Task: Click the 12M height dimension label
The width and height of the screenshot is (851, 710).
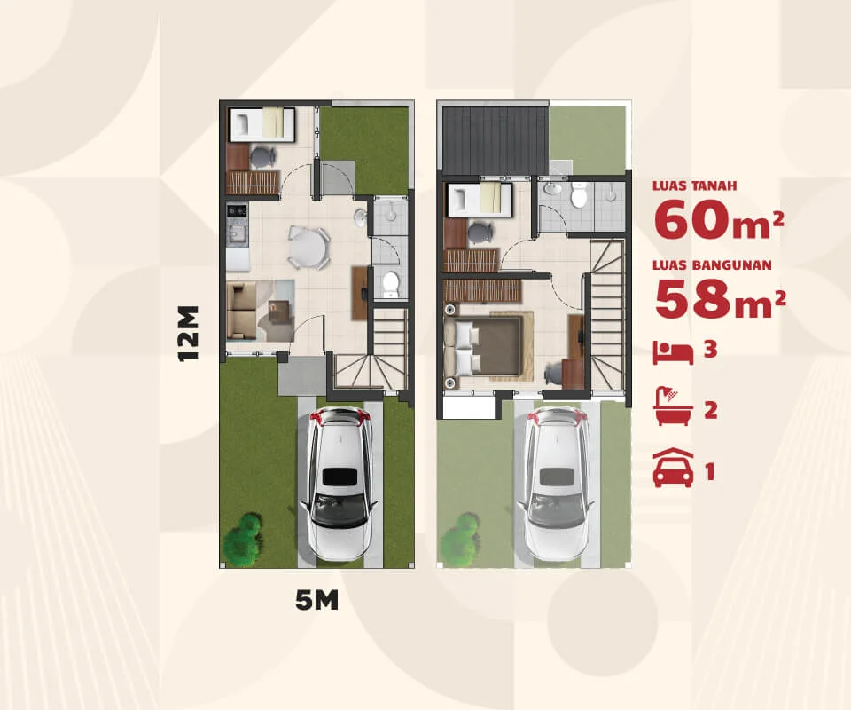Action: (188, 334)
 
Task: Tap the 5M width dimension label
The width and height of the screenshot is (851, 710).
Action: (317, 600)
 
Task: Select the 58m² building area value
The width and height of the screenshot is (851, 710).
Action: (720, 299)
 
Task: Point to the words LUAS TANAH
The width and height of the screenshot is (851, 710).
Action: (695, 185)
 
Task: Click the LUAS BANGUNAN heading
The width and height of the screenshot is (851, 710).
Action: (712, 265)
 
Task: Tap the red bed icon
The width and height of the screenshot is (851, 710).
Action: (673, 352)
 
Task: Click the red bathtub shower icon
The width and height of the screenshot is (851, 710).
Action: (674, 406)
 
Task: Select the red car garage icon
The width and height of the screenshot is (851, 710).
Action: (673, 468)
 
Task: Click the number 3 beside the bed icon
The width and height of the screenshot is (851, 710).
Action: (710, 350)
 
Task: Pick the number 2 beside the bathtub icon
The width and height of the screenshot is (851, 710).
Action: (710, 410)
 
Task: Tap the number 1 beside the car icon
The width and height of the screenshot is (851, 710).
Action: (710, 471)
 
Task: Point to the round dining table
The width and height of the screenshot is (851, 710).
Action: (308, 248)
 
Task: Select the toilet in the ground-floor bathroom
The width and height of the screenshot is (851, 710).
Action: (390, 284)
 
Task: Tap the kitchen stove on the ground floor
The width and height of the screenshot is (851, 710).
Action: (237, 209)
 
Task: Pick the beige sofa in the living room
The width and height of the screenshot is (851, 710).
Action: (241, 311)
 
